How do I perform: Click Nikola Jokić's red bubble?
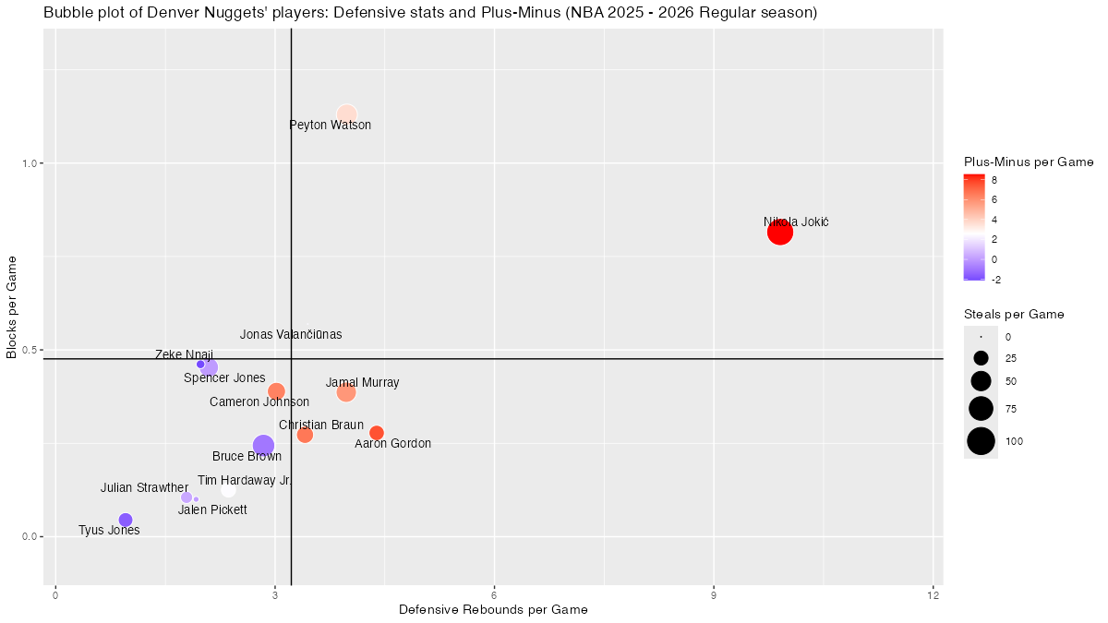(x=780, y=233)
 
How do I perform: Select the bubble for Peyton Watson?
(x=346, y=115)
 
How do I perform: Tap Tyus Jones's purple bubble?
(x=126, y=520)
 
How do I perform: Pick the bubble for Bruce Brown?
(x=263, y=446)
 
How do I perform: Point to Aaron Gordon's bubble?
(x=377, y=433)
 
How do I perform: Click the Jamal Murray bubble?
(x=346, y=392)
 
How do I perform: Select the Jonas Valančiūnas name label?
(x=291, y=335)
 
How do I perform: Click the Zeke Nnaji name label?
(x=184, y=354)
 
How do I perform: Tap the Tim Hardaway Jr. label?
(x=245, y=481)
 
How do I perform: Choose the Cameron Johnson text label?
(x=259, y=402)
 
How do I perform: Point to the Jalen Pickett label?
(x=212, y=510)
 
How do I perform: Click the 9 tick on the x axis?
(x=714, y=596)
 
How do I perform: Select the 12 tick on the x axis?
(x=933, y=596)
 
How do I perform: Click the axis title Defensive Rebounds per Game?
(x=493, y=610)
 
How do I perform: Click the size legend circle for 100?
(x=981, y=442)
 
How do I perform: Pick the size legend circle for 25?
(x=981, y=358)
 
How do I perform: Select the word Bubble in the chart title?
(x=66, y=13)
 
